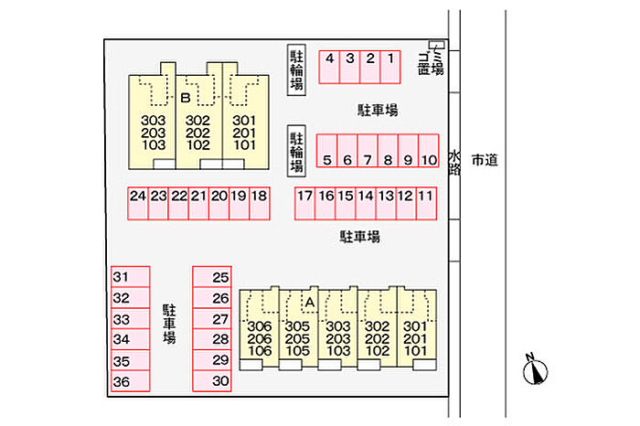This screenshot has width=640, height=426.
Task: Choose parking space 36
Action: [x=122, y=382]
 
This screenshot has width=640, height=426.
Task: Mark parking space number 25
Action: [x=219, y=277]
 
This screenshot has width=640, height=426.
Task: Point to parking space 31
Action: [x=122, y=277]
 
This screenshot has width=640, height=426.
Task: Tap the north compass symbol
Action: [x=535, y=370]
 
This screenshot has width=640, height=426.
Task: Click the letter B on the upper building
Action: [x=185, y=97]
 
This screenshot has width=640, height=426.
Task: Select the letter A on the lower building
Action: [x=309, y=302]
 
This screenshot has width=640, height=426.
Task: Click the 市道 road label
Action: [x=485, y=161]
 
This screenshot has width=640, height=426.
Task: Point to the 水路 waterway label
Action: [x=453, y=163]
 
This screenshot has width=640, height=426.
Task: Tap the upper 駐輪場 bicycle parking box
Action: [x=296, y=70]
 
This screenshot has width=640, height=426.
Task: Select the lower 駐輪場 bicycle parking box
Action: [x=296, y=152]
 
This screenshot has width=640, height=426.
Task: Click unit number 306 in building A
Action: [x=260, y=326]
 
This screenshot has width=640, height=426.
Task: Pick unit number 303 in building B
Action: [x=154, y=120]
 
